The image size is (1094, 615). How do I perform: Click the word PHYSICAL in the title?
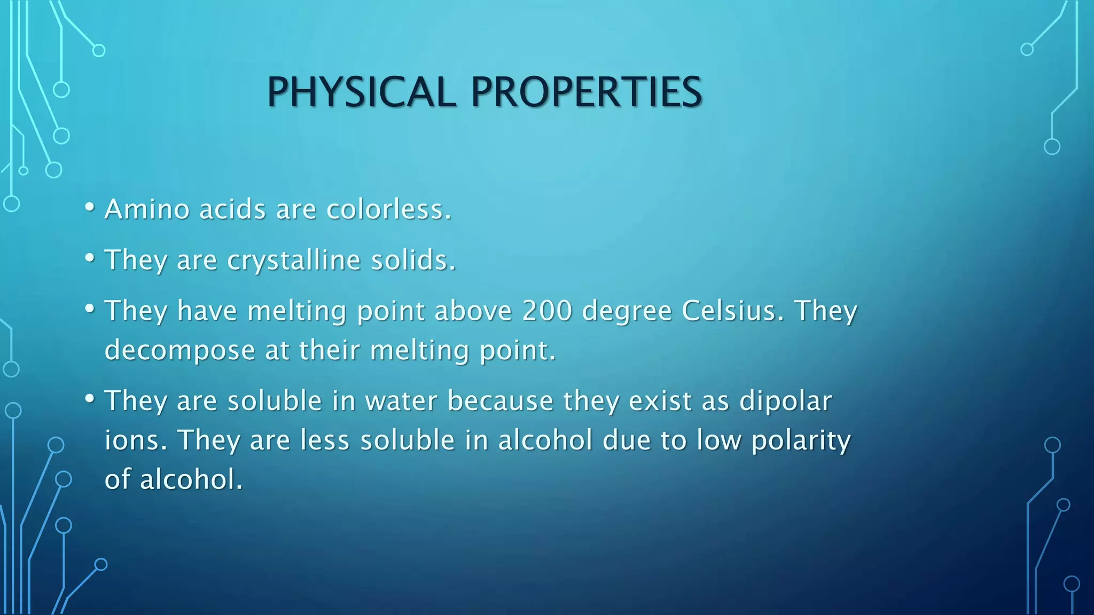point(361,92)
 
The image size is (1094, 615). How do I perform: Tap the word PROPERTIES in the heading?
point(586,92)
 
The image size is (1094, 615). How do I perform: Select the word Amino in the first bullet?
point(147,209)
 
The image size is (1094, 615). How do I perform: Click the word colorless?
point(389,209)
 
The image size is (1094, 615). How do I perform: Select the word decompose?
point(180,351)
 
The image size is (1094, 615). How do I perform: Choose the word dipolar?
point(785,401)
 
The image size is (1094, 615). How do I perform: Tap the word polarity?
point(801,441)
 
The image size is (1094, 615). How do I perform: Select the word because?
point(501,401)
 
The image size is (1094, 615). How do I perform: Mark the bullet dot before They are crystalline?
point(90,258)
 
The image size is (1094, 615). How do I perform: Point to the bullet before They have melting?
point(90,308)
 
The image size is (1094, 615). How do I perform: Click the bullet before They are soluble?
point(90,398)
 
